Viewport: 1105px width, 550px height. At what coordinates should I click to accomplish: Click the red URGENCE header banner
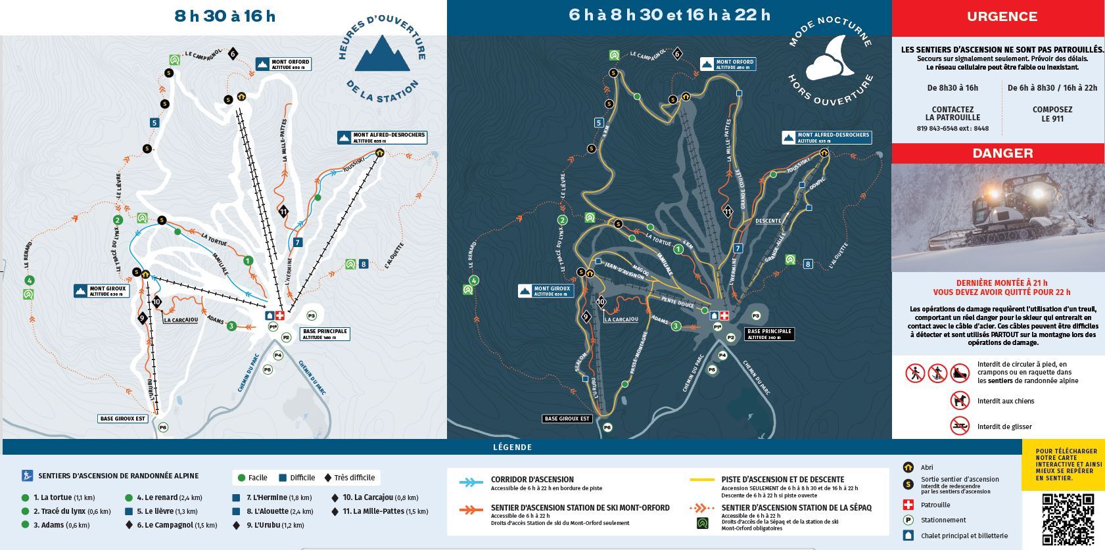click(x=1001, y=17)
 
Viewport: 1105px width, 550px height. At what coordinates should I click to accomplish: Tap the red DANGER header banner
click(x=1002, y=153)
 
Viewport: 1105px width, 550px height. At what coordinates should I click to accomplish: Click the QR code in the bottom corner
click(x=1068, y=519)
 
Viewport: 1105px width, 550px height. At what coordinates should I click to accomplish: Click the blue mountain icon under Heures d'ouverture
click(x=382, y=54)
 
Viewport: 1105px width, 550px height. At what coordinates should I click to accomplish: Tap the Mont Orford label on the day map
click(x=283, y=64)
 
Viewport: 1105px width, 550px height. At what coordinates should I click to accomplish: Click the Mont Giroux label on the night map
click(x=546, y=290)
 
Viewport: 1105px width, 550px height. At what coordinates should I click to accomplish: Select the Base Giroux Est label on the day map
click(x=123, y=419)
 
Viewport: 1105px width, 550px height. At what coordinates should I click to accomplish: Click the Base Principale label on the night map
click(x=769, y=334)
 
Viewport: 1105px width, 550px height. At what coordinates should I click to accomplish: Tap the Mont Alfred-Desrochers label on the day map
click(x=382, y=137)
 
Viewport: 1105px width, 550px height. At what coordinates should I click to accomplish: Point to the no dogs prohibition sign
click(x=960, y=400)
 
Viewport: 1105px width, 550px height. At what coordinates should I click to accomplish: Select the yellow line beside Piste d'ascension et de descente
click(x=701, y=480)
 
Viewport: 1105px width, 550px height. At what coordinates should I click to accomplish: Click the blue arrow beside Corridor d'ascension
click(x=471, y=482)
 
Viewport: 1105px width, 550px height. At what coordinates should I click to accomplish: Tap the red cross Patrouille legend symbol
click(x=908, y=505)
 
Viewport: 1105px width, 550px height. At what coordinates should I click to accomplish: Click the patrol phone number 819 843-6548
click(x=952, y=128)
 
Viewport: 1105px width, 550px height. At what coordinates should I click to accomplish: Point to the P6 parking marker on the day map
click(x=162, y=428)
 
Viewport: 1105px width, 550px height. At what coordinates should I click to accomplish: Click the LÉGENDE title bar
click(x=511, y=447)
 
